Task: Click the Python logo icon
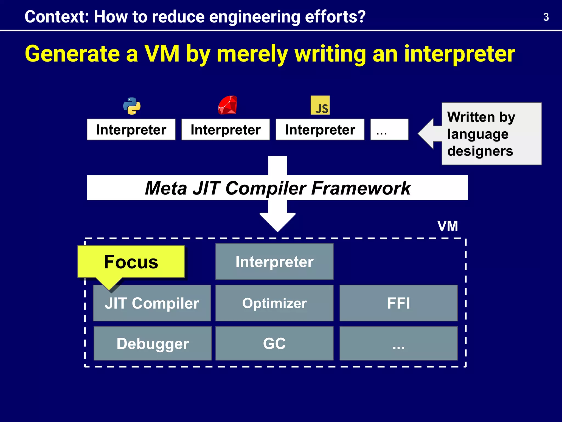132,106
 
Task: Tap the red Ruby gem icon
227,105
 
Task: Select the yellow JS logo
320,105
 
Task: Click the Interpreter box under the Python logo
131,130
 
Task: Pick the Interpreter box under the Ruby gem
226,130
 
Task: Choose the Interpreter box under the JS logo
320,130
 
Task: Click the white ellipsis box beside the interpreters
389,130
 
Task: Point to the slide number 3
546,17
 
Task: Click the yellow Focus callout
131,262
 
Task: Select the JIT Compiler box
152,303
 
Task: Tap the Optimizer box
274,303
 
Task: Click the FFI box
398,303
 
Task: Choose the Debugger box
153,343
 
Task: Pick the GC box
274,343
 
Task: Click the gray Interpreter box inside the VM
274,262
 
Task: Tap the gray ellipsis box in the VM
398,343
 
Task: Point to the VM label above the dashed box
448,226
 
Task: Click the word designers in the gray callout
480,151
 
